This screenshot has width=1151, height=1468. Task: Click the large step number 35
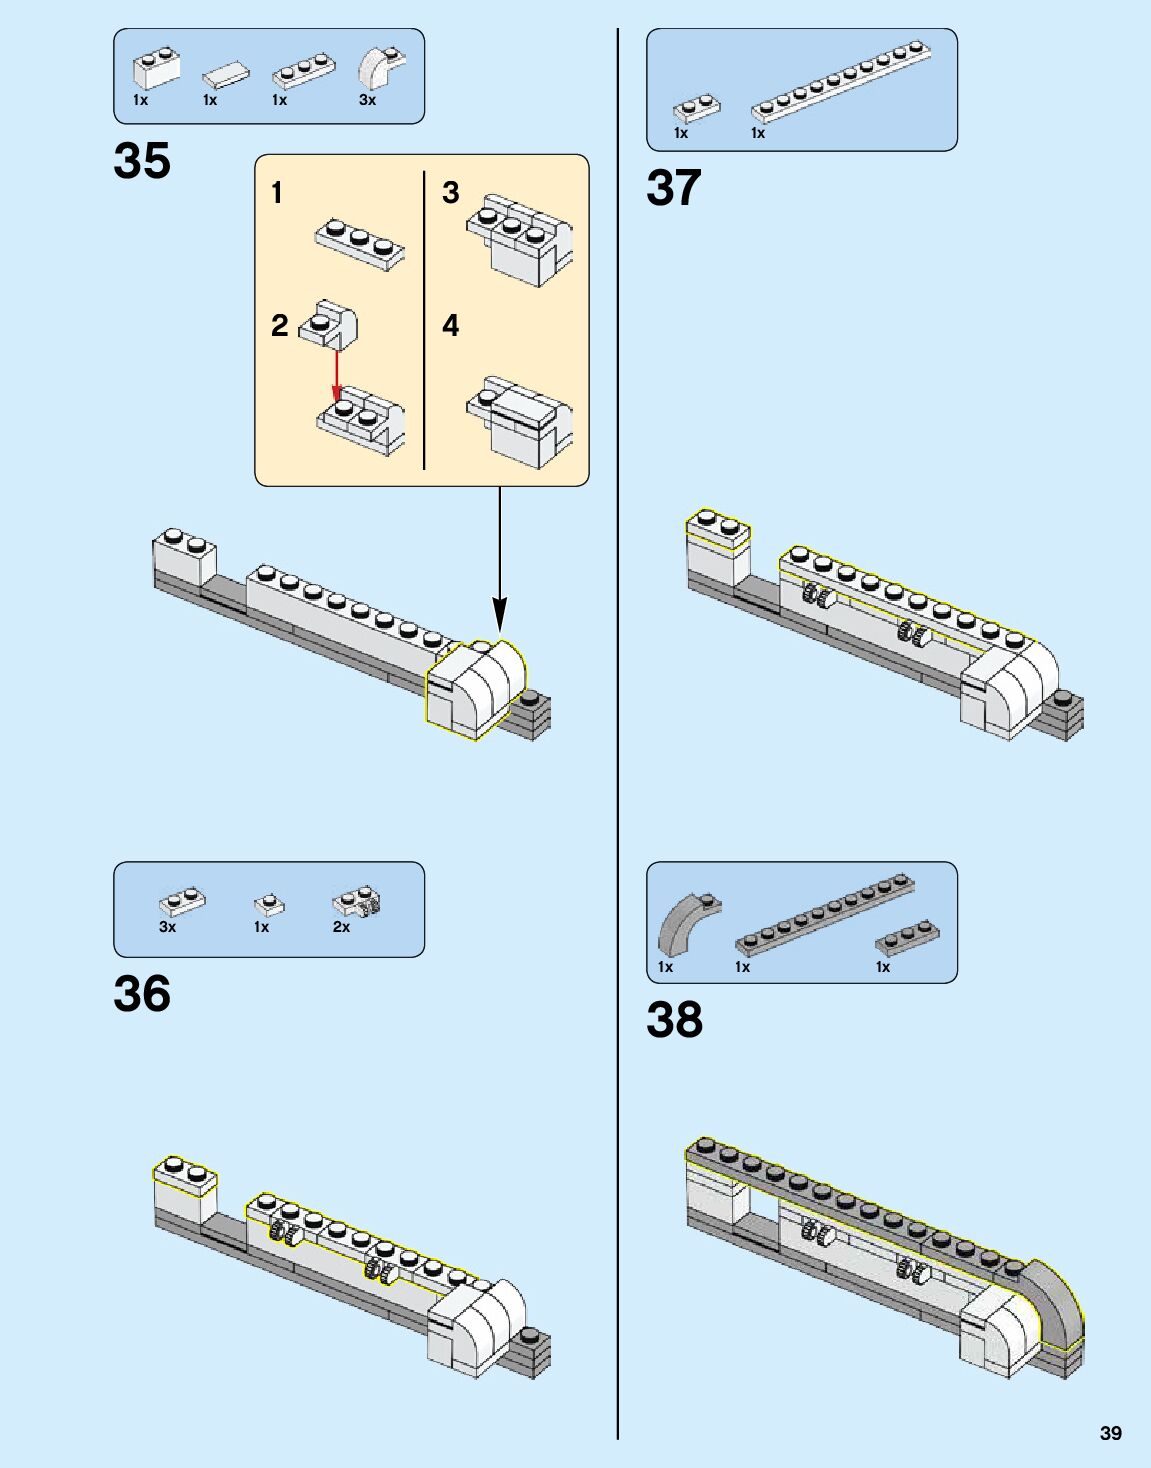(x=142, y=161)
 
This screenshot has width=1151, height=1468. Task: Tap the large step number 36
(x=142, y=994)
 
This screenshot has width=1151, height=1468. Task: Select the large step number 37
(x=674, y=188)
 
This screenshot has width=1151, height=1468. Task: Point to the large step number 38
(x=674, y=1020)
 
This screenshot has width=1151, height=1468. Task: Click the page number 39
(x=1110, y=1433)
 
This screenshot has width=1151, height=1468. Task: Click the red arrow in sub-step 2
(x=337, y=375)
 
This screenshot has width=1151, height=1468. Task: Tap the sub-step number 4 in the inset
(x=451, y=325)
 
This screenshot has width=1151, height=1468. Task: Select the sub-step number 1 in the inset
(x=277, y=192)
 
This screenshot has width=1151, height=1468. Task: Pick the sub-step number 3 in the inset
(x=451, y=192)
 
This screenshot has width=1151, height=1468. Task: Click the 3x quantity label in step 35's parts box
(x=367, y=100)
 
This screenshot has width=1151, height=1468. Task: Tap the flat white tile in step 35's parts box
(x=227, y=74)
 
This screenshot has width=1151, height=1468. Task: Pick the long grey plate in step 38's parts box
(x=824, y=914)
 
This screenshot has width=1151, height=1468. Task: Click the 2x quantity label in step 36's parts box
(x=341, y=927)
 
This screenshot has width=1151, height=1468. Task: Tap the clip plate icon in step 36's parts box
(x=356, y=901)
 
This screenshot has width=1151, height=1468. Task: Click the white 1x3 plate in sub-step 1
(x=360, y=242)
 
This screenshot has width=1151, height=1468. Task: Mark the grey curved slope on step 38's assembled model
(x=1053, y=1299)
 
